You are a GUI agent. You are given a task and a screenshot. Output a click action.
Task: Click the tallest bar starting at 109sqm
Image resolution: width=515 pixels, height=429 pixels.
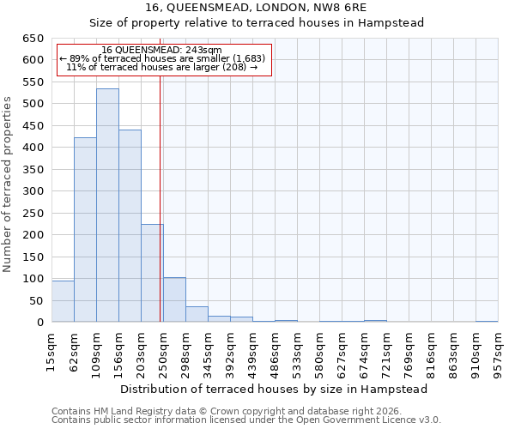(107, 206)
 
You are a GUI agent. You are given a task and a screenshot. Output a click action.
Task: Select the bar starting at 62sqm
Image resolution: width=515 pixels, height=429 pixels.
(85, 230)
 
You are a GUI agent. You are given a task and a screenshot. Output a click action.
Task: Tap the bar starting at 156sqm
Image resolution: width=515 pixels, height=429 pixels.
(130, 226)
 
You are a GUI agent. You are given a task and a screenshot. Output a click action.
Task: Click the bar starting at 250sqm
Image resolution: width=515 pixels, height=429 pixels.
(174, 299)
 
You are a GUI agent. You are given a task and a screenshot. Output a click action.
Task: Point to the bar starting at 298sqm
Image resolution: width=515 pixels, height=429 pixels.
(197, 314)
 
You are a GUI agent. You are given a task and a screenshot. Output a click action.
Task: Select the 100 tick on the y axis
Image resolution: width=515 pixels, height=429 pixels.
(33, 279)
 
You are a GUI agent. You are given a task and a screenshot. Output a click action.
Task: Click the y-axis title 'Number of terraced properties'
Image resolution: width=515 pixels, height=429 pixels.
(8, 184)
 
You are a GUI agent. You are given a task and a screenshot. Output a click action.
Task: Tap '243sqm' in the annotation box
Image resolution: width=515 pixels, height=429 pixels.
(203, 51)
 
